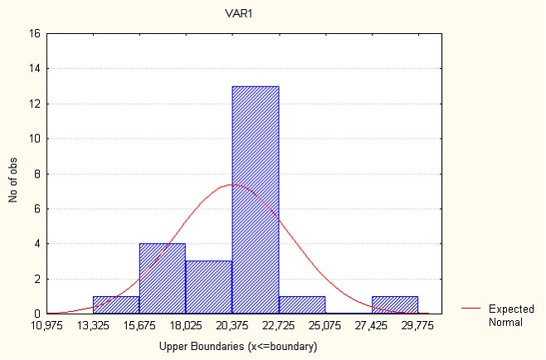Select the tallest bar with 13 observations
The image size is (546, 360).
tap(256, 200)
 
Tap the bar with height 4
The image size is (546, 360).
tap(163, 279)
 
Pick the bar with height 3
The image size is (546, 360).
tap(209, 287)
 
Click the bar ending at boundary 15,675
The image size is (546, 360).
tap(116, 305)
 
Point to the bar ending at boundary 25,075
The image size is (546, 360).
tap(302, 305)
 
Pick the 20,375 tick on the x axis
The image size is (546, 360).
tap(232, 324)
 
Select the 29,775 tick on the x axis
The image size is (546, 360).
tap(418, 324)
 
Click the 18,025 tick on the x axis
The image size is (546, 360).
tap(186, 324)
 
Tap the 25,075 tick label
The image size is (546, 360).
tap(325, 324)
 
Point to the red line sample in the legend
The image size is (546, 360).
tap(470, 309)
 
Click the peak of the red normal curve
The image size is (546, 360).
tap(232, 184)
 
